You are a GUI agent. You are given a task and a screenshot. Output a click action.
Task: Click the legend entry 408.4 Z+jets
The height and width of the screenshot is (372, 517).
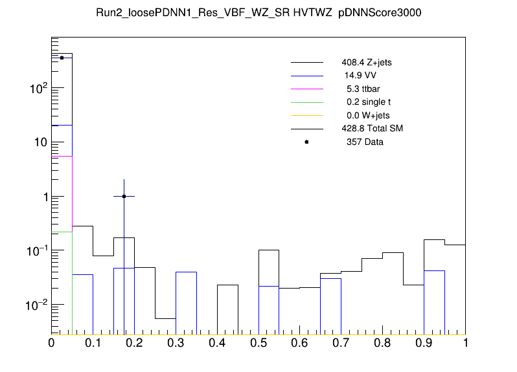point(366,63)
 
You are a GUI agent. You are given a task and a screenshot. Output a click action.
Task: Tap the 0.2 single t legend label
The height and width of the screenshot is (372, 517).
point(368,102)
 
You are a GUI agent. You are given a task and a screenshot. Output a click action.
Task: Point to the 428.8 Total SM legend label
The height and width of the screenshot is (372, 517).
point(372,129)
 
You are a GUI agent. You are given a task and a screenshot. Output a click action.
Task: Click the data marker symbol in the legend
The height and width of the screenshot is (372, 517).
point(306,142)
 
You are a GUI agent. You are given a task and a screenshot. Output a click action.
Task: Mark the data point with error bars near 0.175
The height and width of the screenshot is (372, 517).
point(124,196)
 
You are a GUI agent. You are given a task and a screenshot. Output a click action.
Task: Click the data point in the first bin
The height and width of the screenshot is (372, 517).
point(62,58)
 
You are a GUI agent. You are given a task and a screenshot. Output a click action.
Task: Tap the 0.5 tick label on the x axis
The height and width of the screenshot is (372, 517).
point(258,343)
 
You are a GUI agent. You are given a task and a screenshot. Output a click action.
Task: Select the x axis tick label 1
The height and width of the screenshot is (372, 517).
point(465,343)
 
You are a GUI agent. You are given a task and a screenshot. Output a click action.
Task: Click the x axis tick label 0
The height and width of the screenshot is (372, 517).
point(52,343)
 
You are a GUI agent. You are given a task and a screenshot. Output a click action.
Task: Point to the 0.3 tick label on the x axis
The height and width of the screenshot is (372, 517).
point(176,343)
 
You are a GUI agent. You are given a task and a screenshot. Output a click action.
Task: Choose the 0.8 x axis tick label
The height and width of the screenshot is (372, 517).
point(382,343)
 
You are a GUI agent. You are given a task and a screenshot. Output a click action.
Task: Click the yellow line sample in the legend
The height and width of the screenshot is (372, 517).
point(306,116)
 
